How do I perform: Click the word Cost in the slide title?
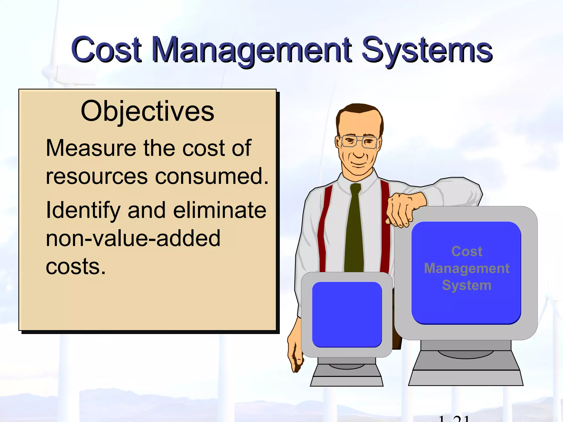[107, 49]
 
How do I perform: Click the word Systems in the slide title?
[427, 50]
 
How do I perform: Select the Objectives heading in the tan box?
[147, 111]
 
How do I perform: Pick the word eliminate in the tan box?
[220, 210]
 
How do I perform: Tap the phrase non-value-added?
[133, 238]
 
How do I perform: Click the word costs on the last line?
[76, 266]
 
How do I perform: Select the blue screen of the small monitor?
[347, 314]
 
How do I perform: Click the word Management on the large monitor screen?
[467, 268]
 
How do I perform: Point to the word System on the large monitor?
[467, 285]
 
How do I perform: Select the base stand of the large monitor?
[466, 368]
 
